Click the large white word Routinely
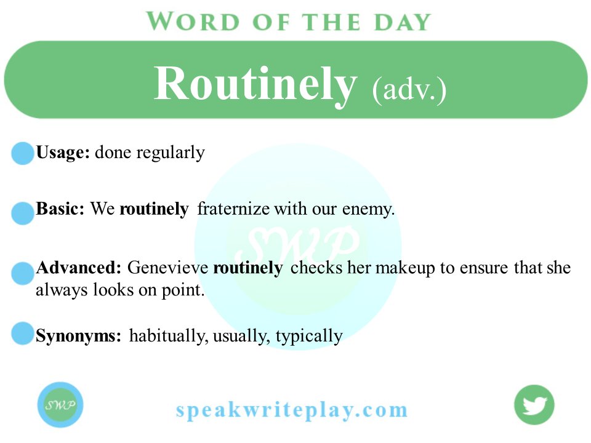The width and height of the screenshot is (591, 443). [255, 84]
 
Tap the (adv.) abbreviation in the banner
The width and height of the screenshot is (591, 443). [409, 90]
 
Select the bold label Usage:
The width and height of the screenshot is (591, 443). [63, 153]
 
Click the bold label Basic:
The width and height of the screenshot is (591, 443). [60, 209]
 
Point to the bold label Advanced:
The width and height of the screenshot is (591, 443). [78, 268]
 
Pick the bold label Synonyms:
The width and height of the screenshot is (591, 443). [78, 336]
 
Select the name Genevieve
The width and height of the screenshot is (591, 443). [167, 268]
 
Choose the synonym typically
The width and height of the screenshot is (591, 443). [309, 337]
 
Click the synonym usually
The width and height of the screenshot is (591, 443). [241, 337]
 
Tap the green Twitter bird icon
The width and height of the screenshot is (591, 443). [534, 405]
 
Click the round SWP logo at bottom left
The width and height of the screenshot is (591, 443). [60, 404]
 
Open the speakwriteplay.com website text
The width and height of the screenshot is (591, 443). [292, 409]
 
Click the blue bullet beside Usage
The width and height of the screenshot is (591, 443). [23, 153]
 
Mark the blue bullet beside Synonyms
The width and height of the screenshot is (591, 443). [23, 333]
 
